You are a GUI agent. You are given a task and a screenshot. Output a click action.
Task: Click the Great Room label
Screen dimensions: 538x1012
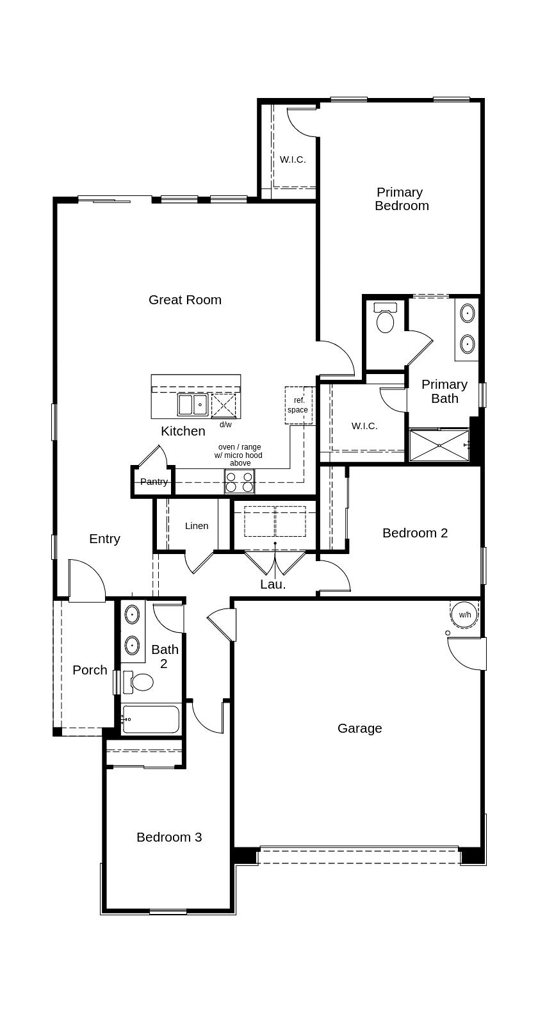[184, 300]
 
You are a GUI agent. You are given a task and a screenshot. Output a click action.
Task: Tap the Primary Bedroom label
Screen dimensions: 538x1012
[402, 199]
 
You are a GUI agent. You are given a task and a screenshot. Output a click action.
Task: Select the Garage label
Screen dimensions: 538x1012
[359, 728]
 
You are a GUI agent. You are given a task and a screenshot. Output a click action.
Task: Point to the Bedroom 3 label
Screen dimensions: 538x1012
[169, 837]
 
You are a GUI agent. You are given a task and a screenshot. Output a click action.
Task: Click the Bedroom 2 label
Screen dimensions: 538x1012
[414, 533]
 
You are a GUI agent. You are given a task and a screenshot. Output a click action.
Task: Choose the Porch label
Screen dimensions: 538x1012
[90, 670]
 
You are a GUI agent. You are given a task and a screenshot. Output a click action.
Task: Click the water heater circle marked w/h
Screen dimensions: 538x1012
[464, 614]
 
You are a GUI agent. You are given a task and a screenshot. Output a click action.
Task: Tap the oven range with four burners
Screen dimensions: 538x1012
[240, 482]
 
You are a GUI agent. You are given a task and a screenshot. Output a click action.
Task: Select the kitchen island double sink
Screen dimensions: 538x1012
[192, 404]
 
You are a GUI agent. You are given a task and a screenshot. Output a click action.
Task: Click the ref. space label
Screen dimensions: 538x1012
[298, 405]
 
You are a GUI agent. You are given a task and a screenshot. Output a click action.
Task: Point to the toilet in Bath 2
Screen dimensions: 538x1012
[138, 682]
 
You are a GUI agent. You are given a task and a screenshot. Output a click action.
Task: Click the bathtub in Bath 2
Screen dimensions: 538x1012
[151, 720]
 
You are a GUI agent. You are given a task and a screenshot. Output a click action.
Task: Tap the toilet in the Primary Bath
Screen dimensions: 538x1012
[385, 318]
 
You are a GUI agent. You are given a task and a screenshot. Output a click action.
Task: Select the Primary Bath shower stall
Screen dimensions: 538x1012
[439, 445]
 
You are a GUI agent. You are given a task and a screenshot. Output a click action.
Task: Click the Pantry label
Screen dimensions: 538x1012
[154, 482]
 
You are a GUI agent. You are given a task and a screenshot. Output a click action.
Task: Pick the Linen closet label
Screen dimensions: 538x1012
[197, 526]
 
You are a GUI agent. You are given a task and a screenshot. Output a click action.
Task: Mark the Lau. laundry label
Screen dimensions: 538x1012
[273, 585]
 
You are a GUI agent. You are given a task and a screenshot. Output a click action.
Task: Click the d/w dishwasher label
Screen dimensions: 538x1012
[225, 425]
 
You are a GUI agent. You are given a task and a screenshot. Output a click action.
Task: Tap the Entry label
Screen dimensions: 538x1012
[105, 539]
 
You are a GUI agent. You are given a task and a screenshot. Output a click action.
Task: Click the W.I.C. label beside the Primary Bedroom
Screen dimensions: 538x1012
[292, 159]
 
